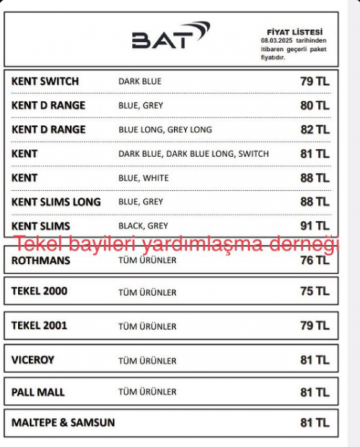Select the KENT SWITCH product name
45,81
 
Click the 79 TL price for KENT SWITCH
315,82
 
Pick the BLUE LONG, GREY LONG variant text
165,130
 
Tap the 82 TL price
315,130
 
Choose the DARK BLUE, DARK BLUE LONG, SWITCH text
193,154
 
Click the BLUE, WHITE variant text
144,178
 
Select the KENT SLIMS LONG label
56,202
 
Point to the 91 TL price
315,226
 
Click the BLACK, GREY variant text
143,226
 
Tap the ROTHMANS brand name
41,261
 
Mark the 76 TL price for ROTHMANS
315,260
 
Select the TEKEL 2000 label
39,291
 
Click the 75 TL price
315,291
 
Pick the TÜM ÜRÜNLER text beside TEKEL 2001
147,326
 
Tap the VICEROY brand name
33,360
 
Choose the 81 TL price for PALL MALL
315,392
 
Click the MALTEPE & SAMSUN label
63,423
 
